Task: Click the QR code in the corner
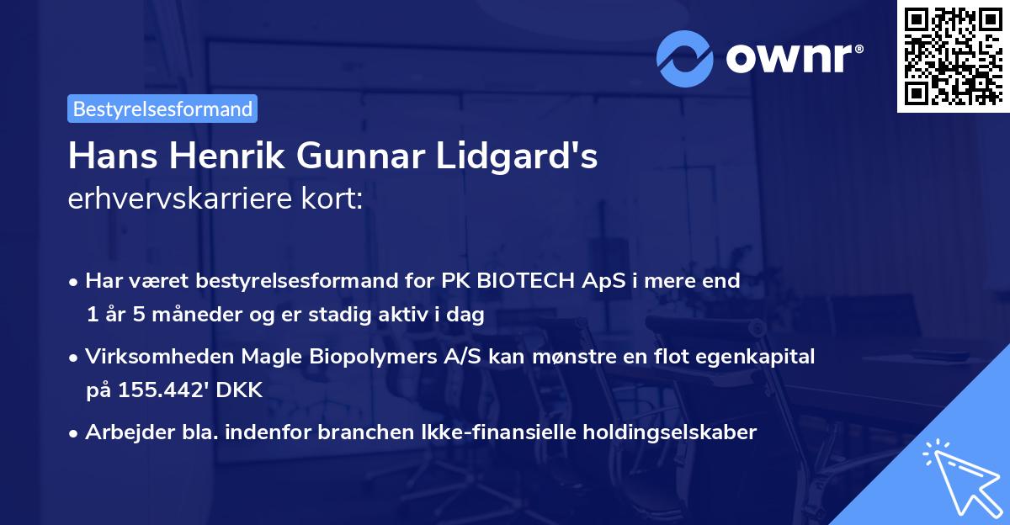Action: pos(952,56)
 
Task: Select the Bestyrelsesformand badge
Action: pos(162,109)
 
